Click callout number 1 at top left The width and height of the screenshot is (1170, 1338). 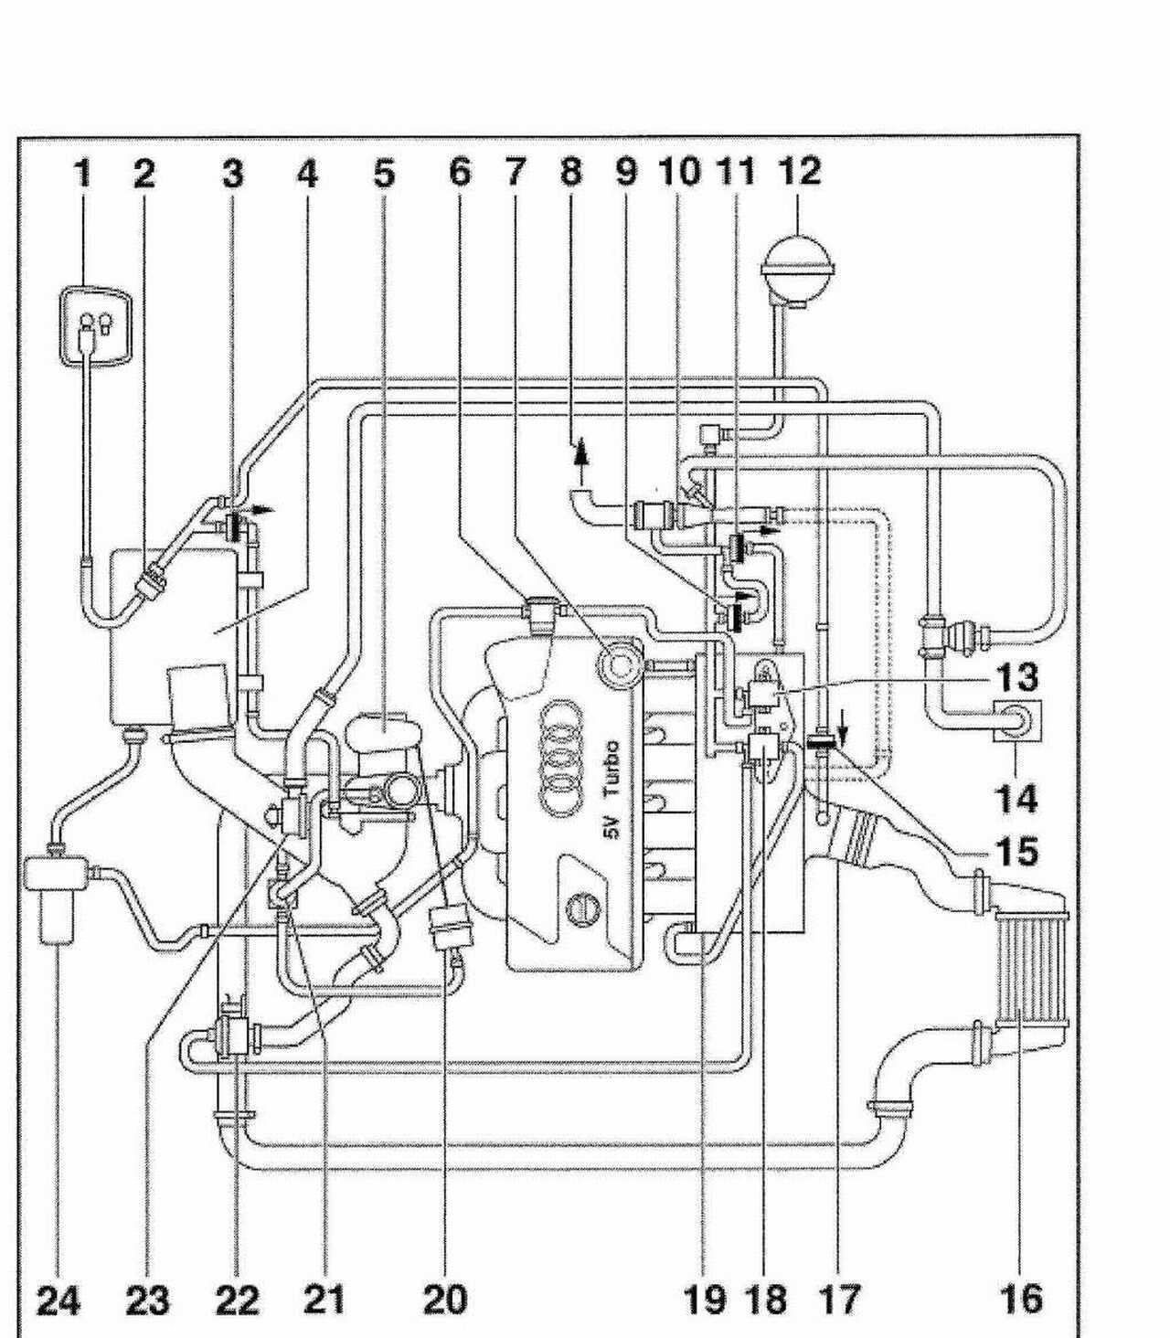(82, 175)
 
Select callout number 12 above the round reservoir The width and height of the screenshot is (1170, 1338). (801, 172)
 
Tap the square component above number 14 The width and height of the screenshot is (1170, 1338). (1017, 720)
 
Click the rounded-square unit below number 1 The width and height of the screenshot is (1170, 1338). (96, 324)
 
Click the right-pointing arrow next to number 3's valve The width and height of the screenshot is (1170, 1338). (263, 508)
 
